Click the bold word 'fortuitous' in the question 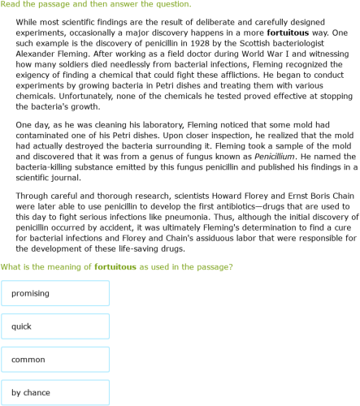click(119, 266)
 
